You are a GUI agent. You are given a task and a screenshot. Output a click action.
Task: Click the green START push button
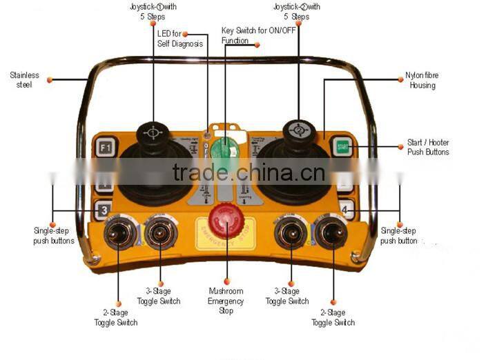(x=342, y=146)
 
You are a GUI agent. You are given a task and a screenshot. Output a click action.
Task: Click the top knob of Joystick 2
(x=298, y=128)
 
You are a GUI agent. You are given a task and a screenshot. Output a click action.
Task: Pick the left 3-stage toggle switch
(x=160, y=234)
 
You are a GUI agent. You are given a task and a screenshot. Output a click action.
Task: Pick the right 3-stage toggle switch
(x=290, y=234)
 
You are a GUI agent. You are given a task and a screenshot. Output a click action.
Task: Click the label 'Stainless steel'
(x=24, y=80)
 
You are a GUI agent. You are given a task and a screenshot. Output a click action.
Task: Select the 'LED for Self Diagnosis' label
(x=179, y=39)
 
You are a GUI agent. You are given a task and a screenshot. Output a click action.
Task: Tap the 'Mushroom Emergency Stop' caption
(x=226, y=301)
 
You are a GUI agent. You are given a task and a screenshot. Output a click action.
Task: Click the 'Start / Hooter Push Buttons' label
(x=428, y=148)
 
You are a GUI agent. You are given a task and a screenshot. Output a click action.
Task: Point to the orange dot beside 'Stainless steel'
(x=50, y=80)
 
